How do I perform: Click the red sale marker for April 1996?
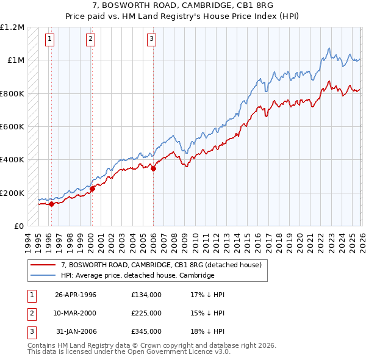[51, 204]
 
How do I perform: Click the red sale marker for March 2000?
[91, 189]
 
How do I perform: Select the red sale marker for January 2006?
[152, 169]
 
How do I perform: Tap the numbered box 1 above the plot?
[49, 40]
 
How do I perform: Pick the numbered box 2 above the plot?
[90, 40]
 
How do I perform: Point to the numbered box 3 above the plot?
[151, 40]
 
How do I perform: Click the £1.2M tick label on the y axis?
[12, 27]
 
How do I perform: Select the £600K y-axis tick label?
[12, 127]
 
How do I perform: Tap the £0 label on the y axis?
[18, 226]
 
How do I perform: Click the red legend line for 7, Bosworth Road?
[43, 265]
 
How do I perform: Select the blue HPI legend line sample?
[43, 276]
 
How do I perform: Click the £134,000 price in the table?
[146, 295]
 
